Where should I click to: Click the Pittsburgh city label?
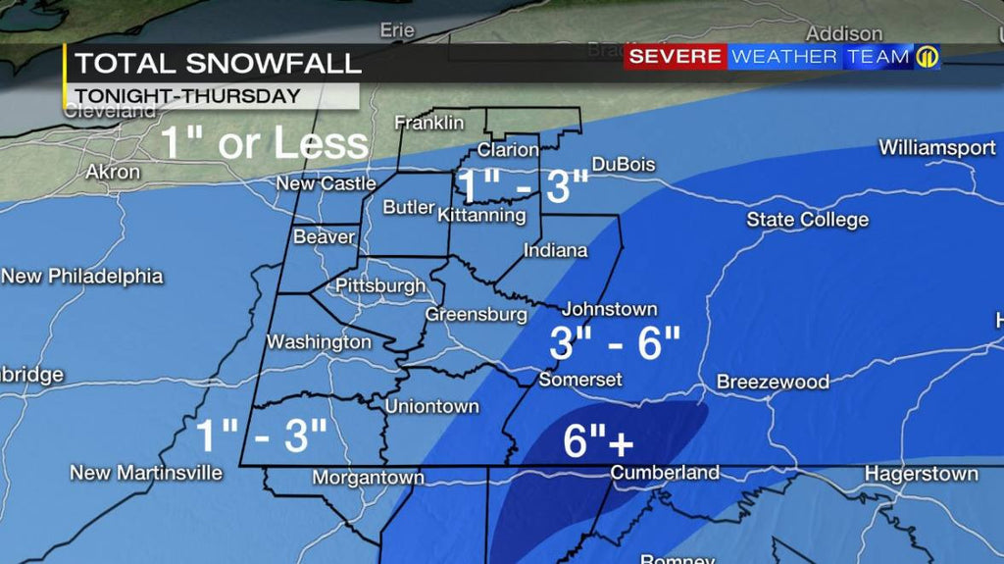point(380,285)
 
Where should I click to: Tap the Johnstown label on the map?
point(609,309)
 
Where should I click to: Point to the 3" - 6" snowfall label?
point(614,344)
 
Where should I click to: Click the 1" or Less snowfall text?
point(264,143)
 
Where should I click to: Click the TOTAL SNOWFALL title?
point(218,64)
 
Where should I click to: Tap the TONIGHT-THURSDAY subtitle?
point(187,96)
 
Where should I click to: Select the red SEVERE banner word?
point(676,57)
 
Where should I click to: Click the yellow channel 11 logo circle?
point(927,57)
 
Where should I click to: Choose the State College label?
point(807,220)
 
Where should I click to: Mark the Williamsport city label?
point(936,148)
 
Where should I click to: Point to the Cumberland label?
point(664,473)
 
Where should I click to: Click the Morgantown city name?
point(368,478)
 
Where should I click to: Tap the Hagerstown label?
point(921,474)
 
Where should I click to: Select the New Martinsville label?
point(146,473)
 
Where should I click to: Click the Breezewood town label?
point(773,382)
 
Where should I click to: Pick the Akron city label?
point(113,172)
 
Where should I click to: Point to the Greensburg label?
point(476,315)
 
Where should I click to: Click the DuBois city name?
point(623,165)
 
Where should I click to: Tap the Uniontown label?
point(431,406)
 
